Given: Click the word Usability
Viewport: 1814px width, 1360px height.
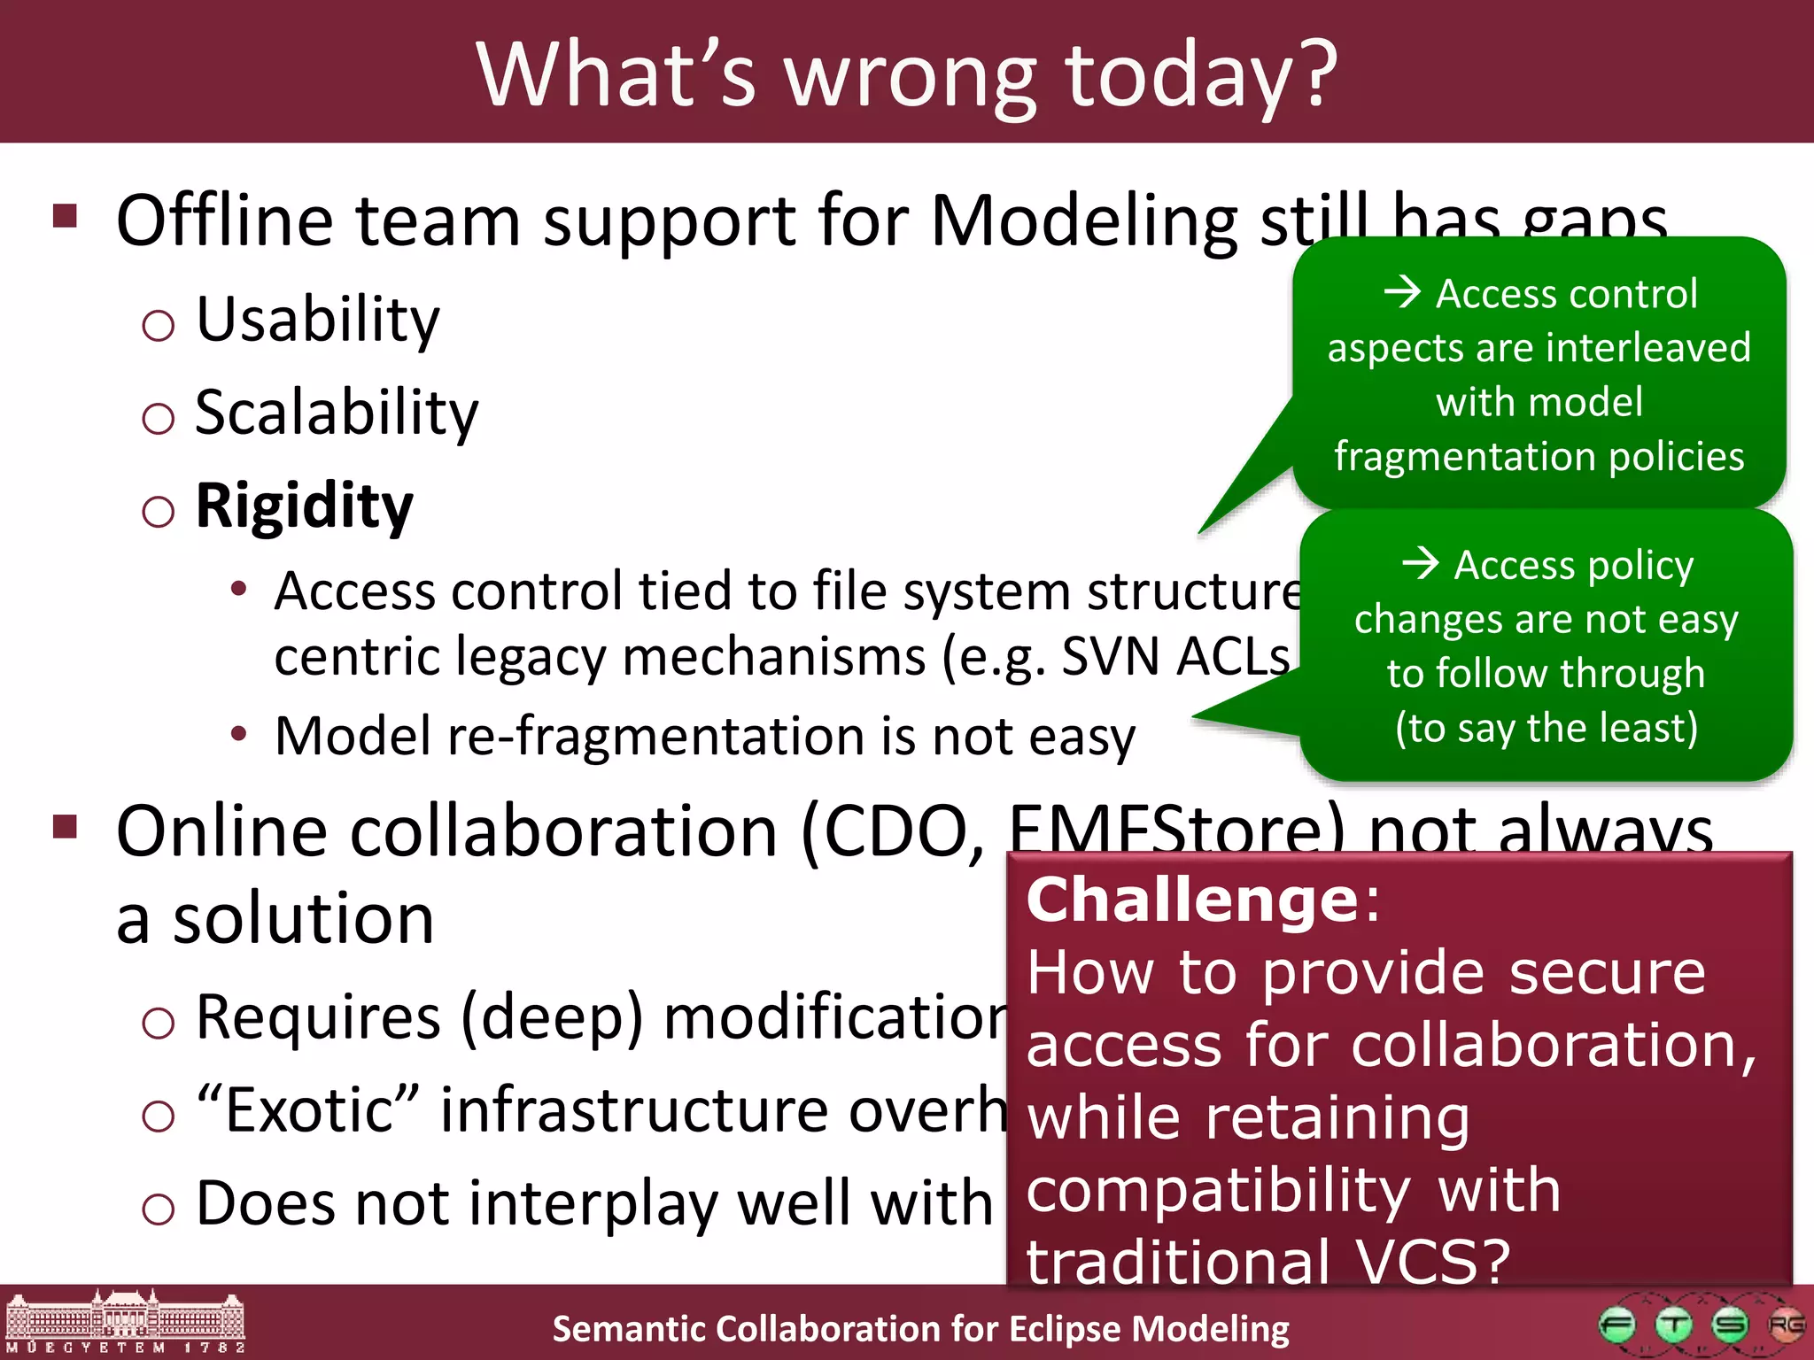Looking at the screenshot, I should coord(317,320).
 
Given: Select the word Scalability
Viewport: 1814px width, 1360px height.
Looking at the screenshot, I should coord(337,413).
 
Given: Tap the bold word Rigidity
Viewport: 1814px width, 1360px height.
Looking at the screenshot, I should coord(304,506).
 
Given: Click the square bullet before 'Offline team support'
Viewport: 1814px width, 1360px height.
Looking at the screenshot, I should coord(66,215).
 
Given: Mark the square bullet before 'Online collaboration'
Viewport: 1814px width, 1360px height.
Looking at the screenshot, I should coord(66,827).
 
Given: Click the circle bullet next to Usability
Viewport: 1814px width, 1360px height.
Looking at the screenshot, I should coord(159,326).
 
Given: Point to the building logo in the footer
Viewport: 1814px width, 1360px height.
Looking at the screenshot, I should coord(125,1322).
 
